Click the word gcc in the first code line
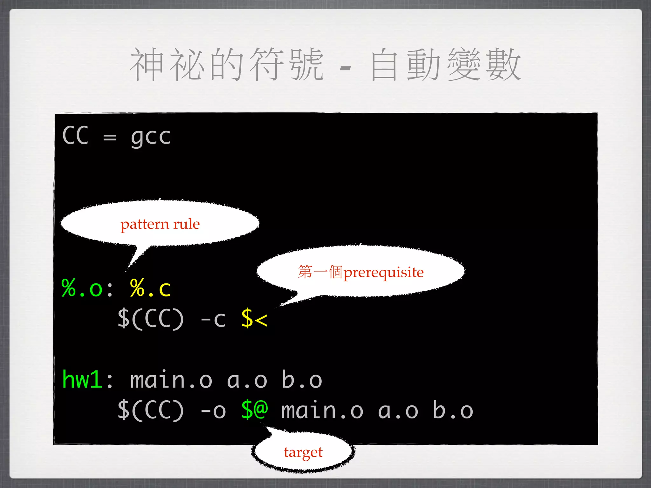tap(151, 137)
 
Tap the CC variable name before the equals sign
tap(75, 136)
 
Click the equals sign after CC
tap(110, 138)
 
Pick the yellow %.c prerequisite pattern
tap(150, 288)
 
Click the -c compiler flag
tap(213, 319)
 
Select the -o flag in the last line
tap(213, 410)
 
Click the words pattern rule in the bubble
tap(160, 224)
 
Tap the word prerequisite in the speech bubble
tap(384, 273)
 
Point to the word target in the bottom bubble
tap(303, 452)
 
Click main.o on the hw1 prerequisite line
tap(171, 380)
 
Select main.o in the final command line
tap(322, 410)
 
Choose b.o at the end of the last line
tap(453, 410)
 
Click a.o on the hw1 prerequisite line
tap(247, 380)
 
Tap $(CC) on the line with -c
tap(151, 319)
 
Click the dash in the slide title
tap(345, 68)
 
